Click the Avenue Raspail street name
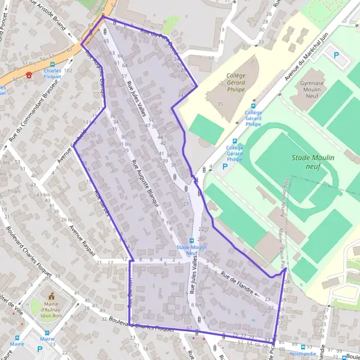pyautogui.click(x=83, y=239)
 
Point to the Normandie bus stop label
pyautogui.click(x=302, y=354)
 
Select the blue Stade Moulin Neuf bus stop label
pyautogui.click(x=191, y=251)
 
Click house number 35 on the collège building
pyautogui.click(x=220, y=104)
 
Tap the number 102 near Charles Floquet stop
pyautogui.click(x=68, y=71)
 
